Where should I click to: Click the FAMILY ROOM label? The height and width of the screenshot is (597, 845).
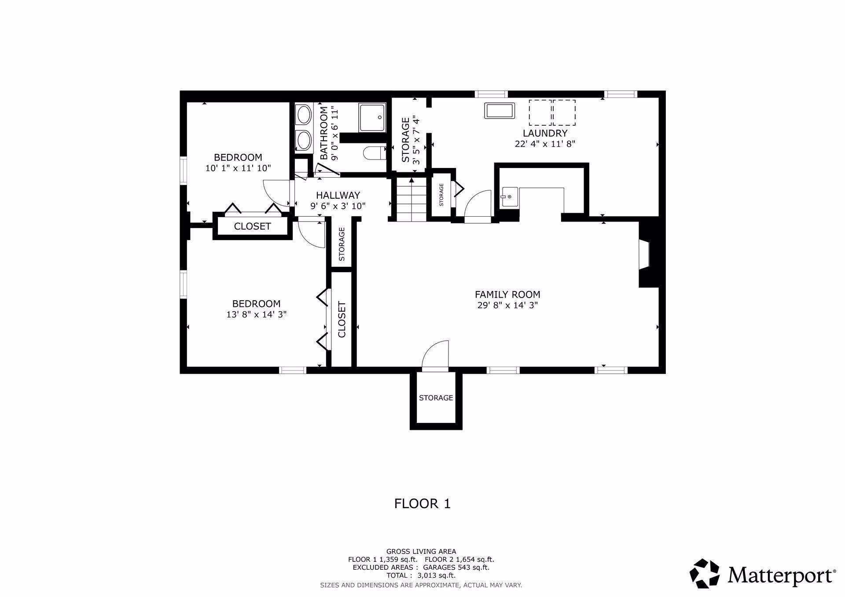507,295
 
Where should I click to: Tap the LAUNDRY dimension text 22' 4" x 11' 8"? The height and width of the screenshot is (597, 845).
545,144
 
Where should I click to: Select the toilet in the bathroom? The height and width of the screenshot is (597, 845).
374,153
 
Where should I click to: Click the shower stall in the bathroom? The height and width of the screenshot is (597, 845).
372,117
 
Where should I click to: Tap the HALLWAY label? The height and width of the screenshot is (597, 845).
338,195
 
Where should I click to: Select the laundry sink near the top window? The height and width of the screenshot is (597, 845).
500,110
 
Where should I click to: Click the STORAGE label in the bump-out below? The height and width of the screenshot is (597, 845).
436,398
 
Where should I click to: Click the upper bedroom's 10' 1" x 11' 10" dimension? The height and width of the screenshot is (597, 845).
238,168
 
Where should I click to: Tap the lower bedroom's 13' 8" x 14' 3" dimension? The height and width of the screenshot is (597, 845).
256,315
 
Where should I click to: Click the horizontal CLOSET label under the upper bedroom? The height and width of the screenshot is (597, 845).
252,226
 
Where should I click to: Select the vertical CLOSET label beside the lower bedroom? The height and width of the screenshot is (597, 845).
342,319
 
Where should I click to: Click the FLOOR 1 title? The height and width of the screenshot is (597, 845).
422,503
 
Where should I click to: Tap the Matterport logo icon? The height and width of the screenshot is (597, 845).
704,574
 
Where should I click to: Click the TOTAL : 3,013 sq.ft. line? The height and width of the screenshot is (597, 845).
421,575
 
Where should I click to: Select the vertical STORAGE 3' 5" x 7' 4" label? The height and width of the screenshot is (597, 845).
410,139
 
